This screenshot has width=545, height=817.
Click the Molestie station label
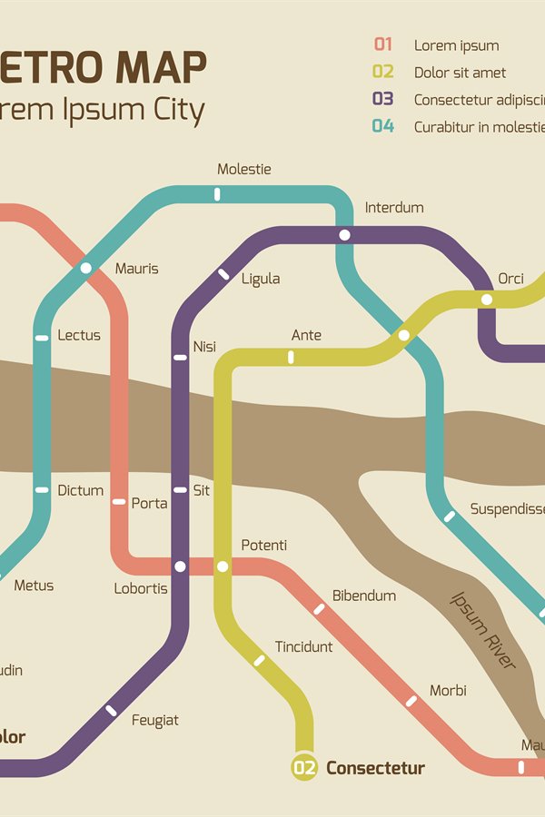(x=244, y=169)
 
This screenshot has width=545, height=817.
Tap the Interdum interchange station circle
(x=344, y=235)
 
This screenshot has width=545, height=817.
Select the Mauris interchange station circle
(x=86, y=267)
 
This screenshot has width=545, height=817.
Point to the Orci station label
(x=510, y=279)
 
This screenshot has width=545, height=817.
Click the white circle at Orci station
(x=487, y=299)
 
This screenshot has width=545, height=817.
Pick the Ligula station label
(x=261, y=279)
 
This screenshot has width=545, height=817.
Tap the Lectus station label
(x=79, y=335)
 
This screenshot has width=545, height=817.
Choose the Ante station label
(x=306, y=335)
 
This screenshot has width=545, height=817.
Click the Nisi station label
(x=204, y=347)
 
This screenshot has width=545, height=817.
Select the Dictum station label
(x=81, y=490)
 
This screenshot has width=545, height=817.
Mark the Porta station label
(x=150, y=503)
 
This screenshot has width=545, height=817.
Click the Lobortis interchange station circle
(x=180, y=566)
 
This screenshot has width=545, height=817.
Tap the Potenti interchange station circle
(x=223, y=566)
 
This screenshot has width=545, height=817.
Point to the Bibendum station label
(x=364, y=596)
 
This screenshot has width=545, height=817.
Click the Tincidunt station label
(x=304, y=646)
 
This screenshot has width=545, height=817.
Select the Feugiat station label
(x=155, y=720)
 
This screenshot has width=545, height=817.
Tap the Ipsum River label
(x=483, y=630)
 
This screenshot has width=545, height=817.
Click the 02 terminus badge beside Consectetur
(x=304, y=768)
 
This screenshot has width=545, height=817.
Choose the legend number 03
(x=382, y=99)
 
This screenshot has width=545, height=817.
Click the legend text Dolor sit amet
(x=460, y=73)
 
